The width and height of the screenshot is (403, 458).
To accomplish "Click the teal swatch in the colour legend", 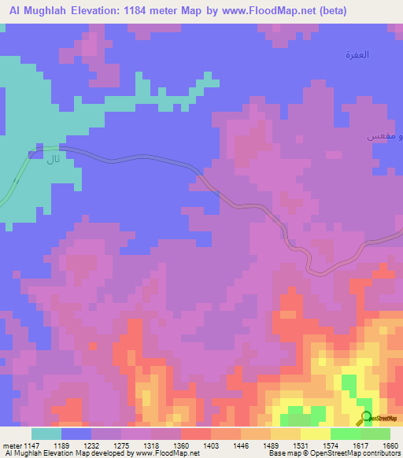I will click(46, 434).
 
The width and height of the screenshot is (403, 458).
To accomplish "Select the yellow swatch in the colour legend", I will click(315, 434).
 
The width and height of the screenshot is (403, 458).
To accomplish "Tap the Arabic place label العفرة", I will click(357, 54).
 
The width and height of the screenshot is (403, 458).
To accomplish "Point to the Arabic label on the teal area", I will click(53, 160).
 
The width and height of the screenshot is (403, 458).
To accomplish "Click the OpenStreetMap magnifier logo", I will click(366, 418).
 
